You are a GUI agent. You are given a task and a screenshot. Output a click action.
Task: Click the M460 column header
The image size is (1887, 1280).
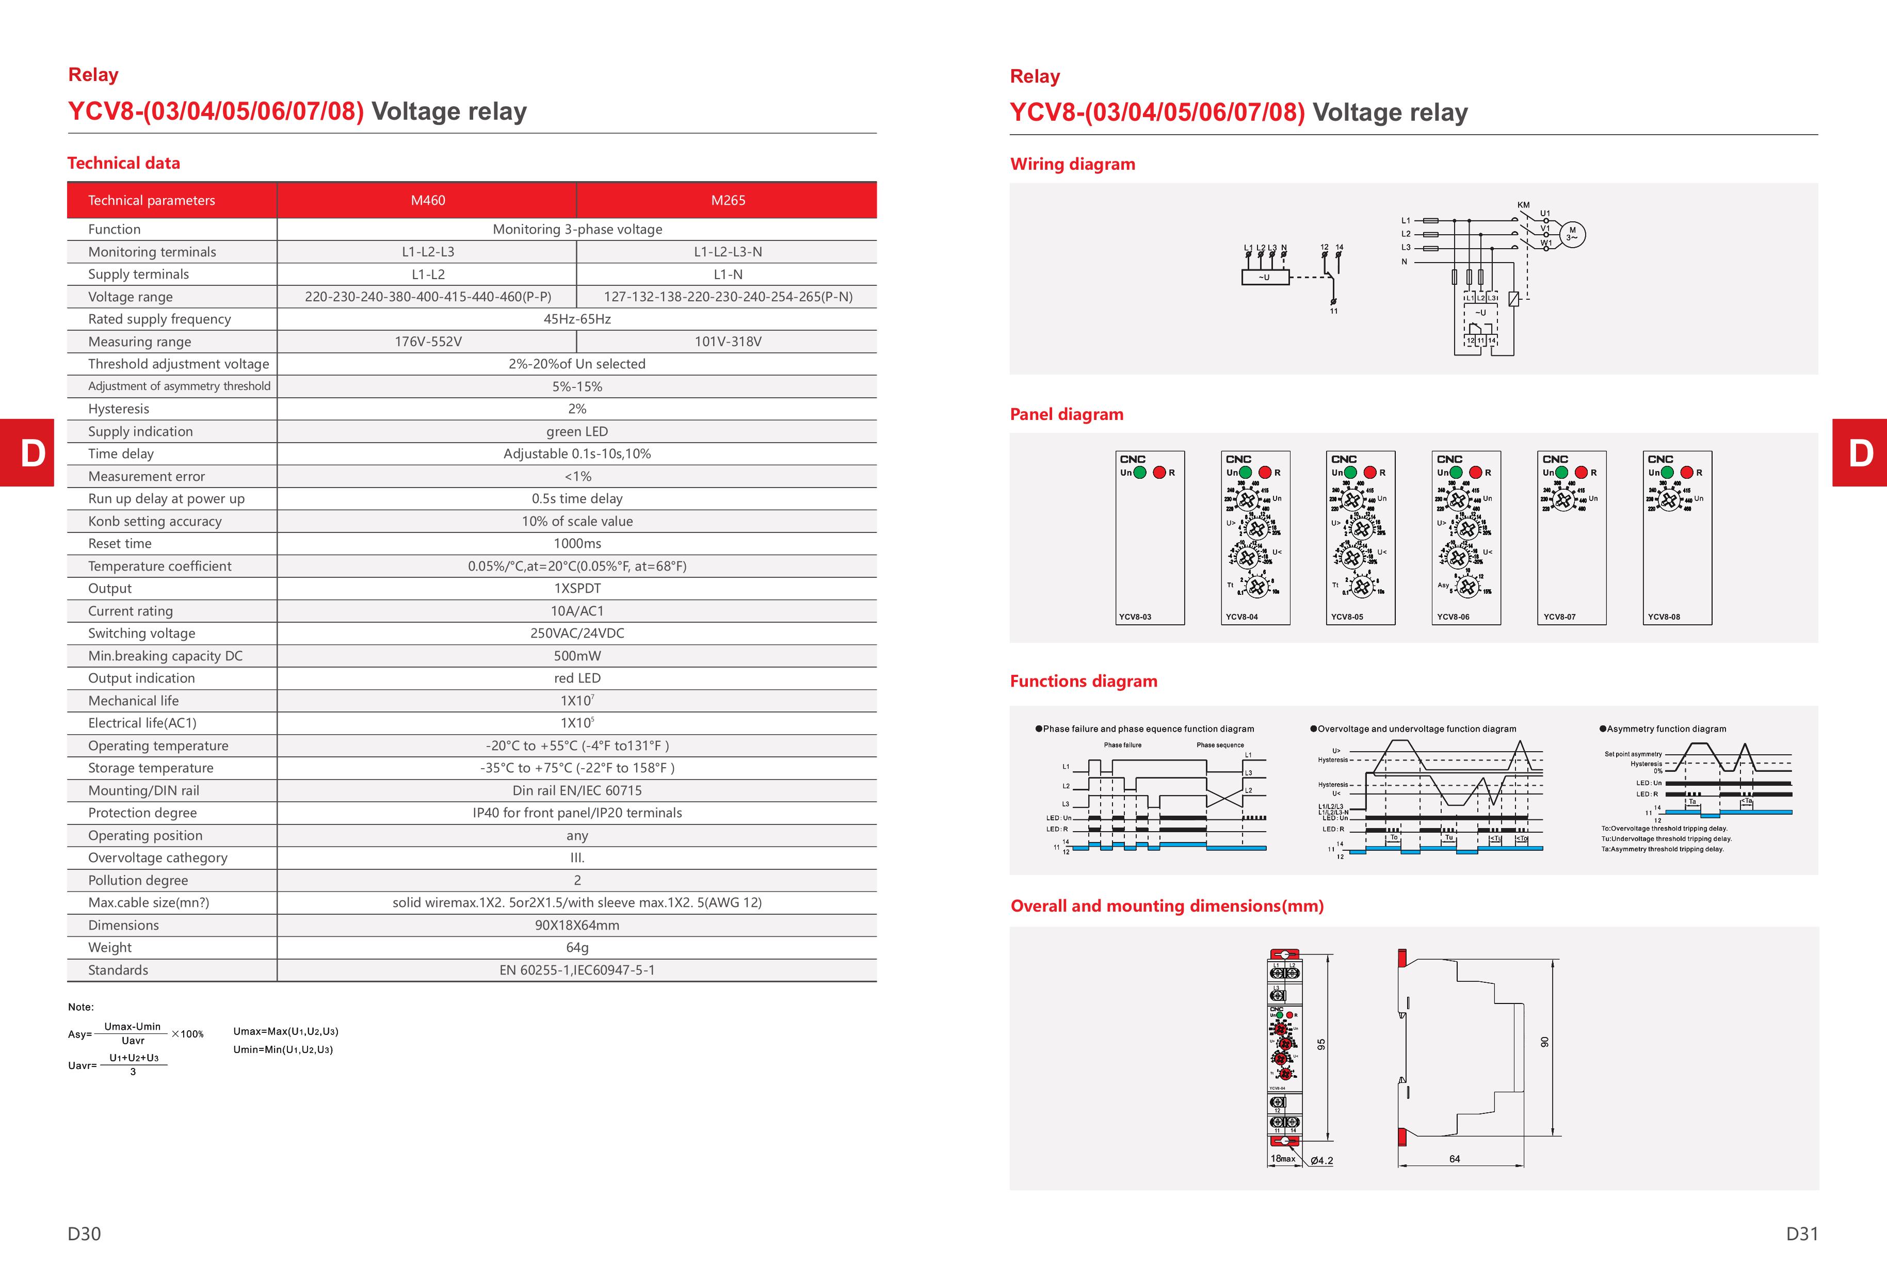coord(428,201)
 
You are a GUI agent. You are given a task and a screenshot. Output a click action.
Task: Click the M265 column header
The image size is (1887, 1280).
coord(728,201)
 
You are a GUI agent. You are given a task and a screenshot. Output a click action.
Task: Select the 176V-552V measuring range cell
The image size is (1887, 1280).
coord(428,342)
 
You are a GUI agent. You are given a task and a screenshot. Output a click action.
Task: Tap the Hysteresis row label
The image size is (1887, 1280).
coord(119,409)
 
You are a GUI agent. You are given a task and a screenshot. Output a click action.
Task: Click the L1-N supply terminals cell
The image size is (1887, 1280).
coord(728,274)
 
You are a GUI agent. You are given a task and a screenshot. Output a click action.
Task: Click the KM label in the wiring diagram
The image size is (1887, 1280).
coord(1523,205)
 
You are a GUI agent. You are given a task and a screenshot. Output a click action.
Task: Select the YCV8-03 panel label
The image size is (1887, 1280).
coord(1135,617)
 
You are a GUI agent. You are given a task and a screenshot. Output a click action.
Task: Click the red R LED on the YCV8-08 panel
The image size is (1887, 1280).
coord(1686,473)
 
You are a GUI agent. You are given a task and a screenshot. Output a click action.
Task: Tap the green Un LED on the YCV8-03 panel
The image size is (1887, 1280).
coord(1140,473)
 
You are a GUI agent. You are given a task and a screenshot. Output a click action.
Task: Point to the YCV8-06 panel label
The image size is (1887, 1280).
coord(1453,617)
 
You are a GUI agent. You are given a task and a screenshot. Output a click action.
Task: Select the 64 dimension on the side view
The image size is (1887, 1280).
coord(1454,1159)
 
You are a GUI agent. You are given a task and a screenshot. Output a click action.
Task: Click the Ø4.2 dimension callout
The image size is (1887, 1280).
coord(1322,1161)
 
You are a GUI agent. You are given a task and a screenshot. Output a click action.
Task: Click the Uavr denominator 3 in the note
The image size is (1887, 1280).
coord(133,1072)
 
